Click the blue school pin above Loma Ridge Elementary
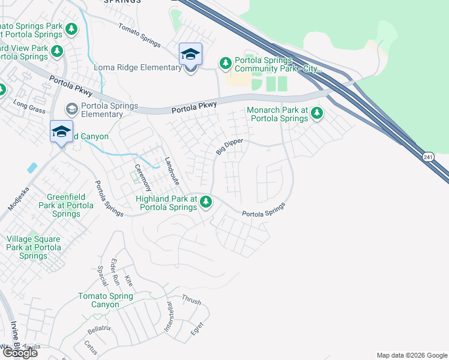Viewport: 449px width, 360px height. point(190,55)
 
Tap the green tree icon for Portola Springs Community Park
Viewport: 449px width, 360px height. point(226,63)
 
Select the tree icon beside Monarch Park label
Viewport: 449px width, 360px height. point(316,113)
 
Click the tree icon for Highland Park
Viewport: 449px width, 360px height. point(206,202)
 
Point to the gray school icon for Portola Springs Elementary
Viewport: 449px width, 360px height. point(72,109)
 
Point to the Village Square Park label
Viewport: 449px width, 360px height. point(34,247)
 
